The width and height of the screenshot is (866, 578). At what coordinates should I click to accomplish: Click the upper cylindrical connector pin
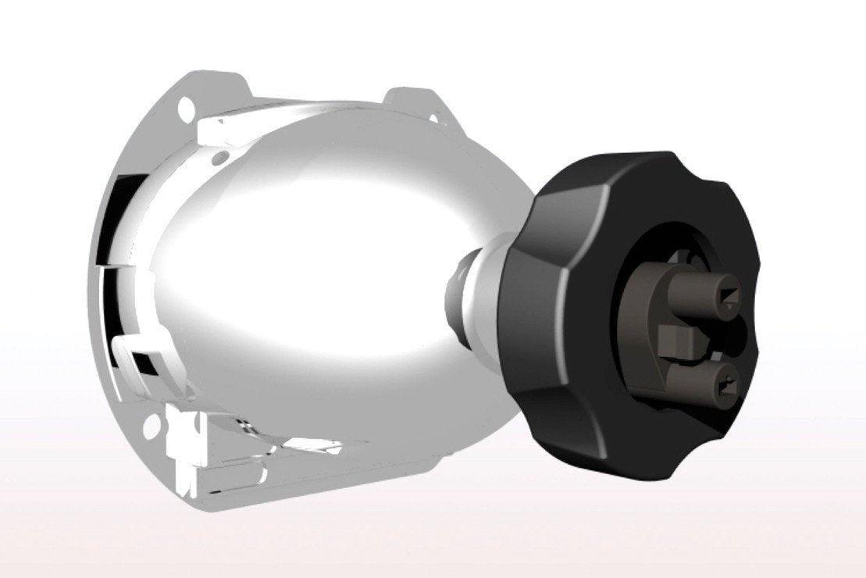699,293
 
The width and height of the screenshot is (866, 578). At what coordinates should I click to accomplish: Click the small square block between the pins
675,341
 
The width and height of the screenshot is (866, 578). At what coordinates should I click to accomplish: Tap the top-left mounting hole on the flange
186,105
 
